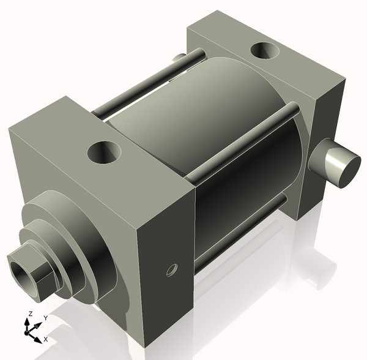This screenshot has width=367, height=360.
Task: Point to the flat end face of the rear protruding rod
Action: [x=343, y=170]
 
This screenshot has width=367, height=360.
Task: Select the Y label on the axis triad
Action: [x=45, y=318]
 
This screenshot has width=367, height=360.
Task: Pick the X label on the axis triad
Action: [x=46, y=339]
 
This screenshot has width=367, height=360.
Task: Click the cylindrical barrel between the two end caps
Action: [x=202, y=122]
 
